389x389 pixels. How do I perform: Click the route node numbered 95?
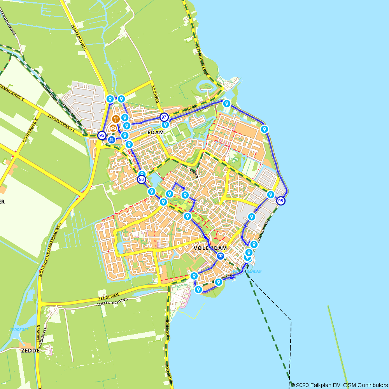102,135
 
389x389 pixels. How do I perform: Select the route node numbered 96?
142,180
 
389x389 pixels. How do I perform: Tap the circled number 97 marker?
164,117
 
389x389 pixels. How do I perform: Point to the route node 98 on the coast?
280,201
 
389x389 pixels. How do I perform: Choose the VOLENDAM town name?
210,248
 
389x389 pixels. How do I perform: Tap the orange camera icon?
113,128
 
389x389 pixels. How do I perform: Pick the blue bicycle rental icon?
112,140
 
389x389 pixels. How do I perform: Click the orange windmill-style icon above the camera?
116,119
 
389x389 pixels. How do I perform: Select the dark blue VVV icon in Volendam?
221,256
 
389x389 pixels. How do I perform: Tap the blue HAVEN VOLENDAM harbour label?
246,271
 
